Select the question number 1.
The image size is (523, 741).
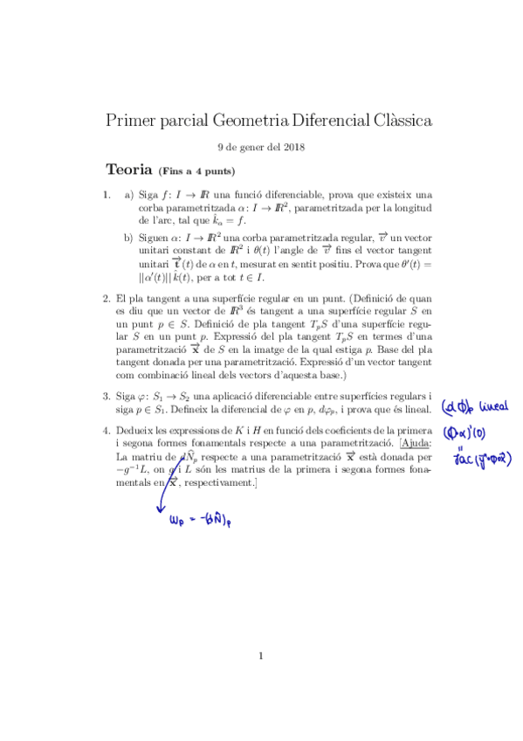point(106,195)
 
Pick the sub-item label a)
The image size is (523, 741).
point(128,195)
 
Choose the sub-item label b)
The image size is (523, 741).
point(128,236)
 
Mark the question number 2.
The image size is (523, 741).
point(106,298)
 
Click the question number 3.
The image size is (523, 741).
point(106,396)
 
